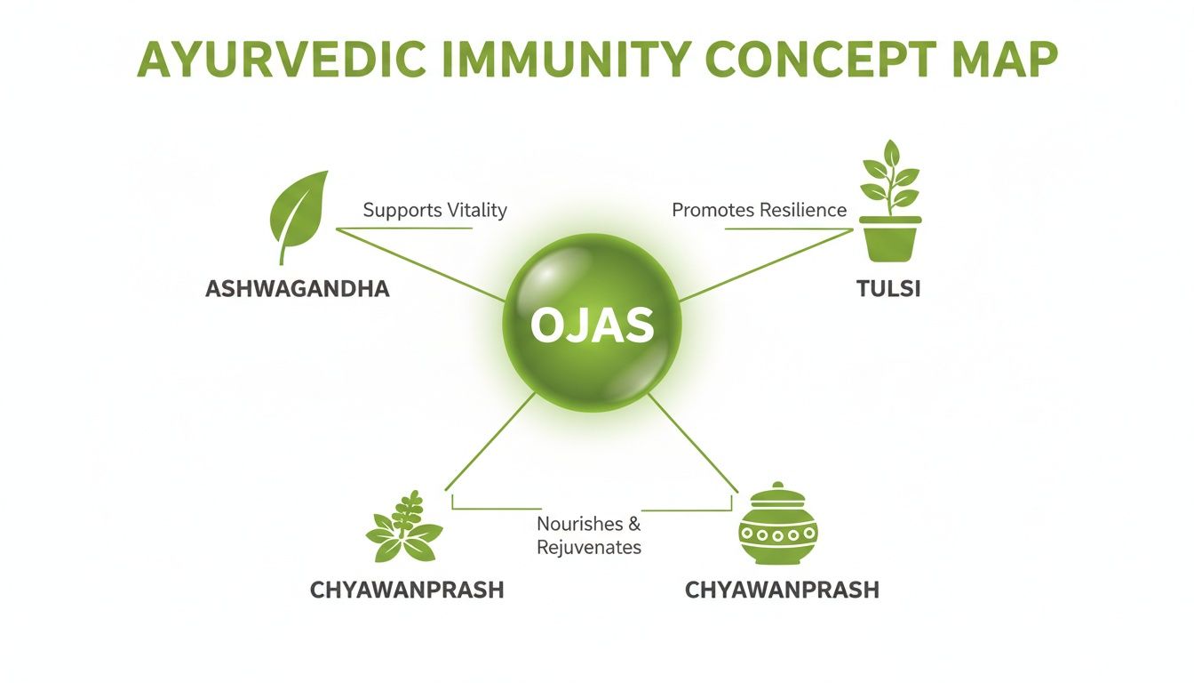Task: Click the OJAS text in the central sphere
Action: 592,326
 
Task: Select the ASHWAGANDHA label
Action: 297,290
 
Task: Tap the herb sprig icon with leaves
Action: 404,529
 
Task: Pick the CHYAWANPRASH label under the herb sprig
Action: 407,591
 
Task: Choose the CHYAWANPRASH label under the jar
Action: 782,591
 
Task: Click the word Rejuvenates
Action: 589,548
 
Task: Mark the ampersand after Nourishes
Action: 633,524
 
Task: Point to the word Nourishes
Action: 579,524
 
